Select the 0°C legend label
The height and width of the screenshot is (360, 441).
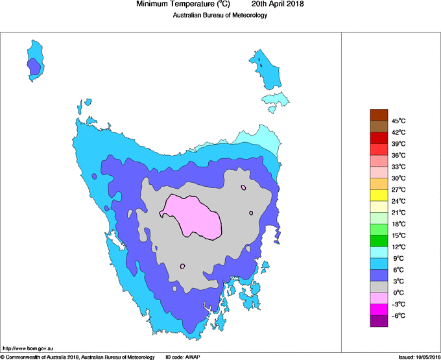(398, 293)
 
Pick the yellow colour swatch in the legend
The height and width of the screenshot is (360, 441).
(379, 195)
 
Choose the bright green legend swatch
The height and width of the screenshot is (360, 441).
(379, 241)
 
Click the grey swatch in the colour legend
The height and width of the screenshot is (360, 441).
(379, 287)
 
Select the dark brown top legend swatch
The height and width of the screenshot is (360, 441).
(379, 115)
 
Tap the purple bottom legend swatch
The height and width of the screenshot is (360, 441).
(379, 321)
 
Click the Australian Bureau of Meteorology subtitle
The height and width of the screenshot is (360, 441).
(220, 15)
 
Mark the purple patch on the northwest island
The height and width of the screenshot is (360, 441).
(34, 66)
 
